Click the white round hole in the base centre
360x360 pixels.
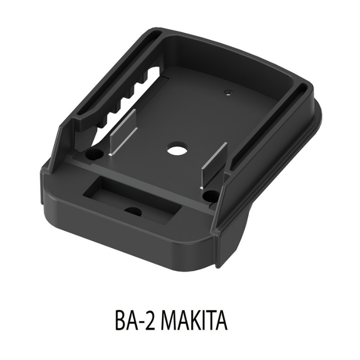173,149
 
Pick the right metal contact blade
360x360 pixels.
214,164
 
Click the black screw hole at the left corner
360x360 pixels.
93,155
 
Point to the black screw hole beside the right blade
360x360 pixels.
210,196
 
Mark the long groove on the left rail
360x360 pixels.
112,76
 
